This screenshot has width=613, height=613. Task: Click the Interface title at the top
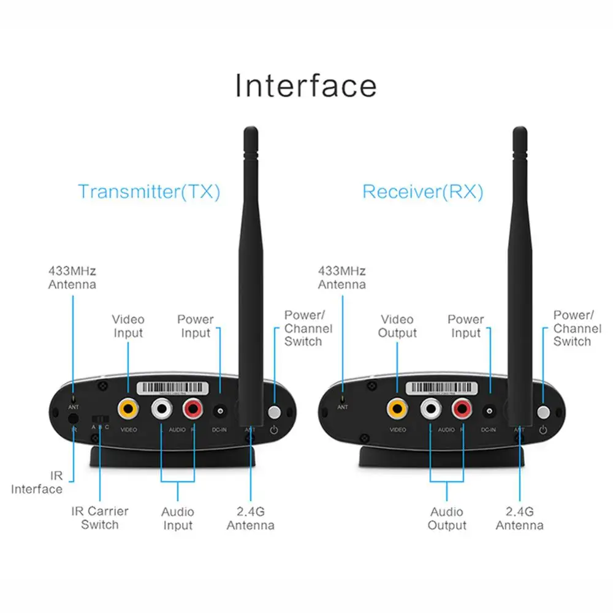coord(306,85)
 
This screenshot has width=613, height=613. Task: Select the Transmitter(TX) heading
coord(149,191)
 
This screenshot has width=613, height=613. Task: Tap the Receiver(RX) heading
coord(422,191)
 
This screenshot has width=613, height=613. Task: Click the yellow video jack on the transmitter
coord(129,407)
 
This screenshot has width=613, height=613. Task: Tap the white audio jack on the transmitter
coord(162,407)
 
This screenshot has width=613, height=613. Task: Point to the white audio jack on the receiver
coord(430,407)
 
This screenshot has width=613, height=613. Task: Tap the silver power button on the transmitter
coord(274,412)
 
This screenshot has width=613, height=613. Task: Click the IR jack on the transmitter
coord(74,419)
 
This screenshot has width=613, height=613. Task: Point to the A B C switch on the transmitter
coord(99,418)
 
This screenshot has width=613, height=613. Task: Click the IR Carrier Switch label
coord(100,518)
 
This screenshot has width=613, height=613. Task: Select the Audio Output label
coord(447,519)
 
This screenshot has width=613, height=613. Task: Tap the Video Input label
coord(128,326)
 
